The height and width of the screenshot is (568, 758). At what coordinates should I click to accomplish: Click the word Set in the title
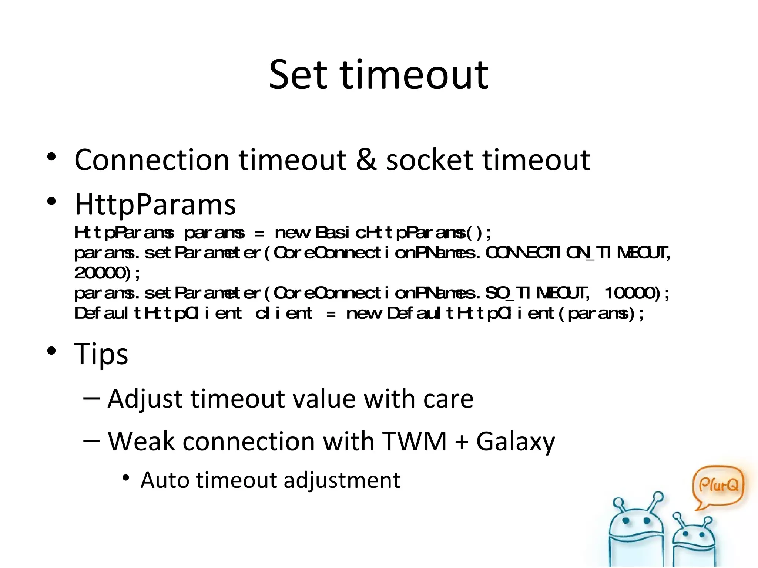(x=298, y=75)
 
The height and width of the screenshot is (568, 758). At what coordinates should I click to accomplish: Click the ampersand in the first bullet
(x=366, y=160)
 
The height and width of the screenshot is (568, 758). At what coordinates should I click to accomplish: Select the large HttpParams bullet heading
(x=155, y=204)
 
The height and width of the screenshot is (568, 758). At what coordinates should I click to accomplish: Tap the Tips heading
(x=101, y=354)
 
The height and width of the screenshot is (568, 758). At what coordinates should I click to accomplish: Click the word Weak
(x=141, y=442)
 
